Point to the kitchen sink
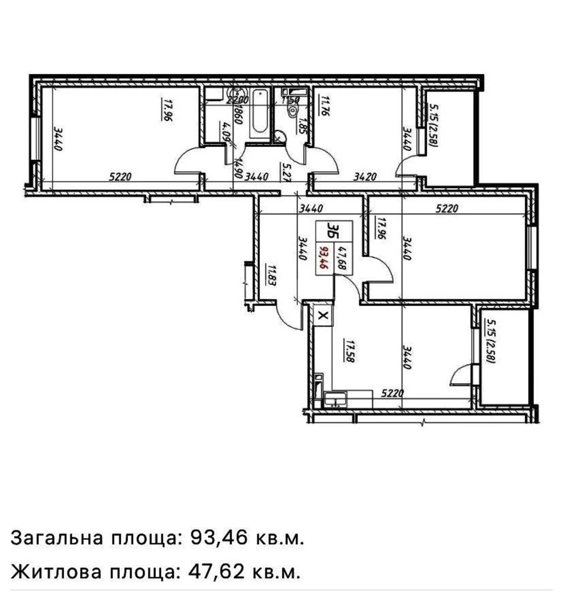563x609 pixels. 335,399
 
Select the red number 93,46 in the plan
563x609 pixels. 323,257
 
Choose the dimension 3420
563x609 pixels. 365,177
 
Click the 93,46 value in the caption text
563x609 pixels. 212,537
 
